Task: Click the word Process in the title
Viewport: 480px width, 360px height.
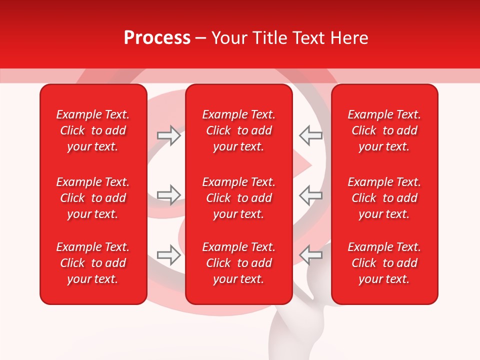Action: click(157, 38)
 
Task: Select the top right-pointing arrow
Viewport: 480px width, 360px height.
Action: click(168, 135)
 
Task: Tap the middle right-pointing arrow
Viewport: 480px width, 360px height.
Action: click(168, 195)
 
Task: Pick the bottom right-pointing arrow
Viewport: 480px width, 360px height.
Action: click(168, 255)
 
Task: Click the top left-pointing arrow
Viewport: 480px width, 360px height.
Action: click(310, 135)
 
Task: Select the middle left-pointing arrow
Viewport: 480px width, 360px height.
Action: click(310, 195)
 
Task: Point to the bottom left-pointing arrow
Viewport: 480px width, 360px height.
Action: click(310, 255)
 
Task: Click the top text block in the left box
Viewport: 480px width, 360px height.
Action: click(93, 130)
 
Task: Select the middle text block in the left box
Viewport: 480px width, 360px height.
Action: click(93, 198)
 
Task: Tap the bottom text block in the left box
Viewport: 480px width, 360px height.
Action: click(93, 263)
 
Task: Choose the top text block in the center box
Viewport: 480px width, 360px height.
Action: click(238, 130)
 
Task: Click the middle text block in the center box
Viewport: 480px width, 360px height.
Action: click(238, 198)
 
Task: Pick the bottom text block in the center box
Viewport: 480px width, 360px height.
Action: click(238, 263)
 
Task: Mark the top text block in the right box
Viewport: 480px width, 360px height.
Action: click(384, 130)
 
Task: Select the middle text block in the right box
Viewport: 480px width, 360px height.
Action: click(384, 198)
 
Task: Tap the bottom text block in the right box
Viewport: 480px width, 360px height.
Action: click(384, 263)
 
